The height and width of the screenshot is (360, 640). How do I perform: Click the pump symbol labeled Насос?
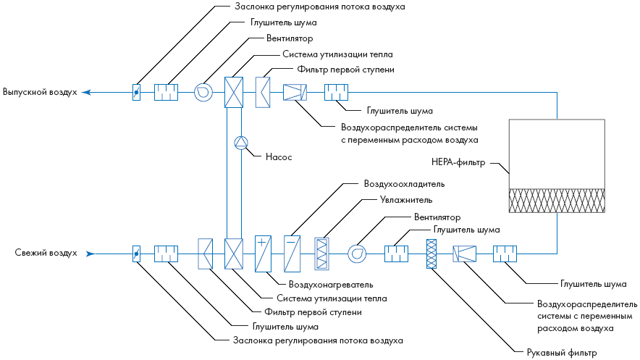(x=241, y=143)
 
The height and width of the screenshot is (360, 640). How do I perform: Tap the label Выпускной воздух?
(x=40, y=93)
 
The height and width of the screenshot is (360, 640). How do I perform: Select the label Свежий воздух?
(x=46, y=254)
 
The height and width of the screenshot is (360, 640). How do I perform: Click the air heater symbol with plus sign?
(x=263, y=253)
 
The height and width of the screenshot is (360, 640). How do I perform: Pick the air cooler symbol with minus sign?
(x=292, y=253)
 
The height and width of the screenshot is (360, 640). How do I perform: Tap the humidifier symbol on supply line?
(x=322, y=254)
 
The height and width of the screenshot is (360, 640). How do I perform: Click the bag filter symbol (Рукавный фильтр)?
(x=432, y=254)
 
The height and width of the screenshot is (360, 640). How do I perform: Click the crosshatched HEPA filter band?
(x=557, y=201)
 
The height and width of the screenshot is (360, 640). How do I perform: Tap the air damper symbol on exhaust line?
(x=136, y=93)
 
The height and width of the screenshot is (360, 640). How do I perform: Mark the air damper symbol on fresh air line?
(x=136, y=254)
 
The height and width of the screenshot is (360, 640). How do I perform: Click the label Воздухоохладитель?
(x=404, y=184)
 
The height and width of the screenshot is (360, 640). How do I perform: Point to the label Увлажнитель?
(x=406, y=199)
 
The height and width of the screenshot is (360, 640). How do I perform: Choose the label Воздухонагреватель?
(x=331, y=284)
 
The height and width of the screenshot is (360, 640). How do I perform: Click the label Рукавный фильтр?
(x=561, y=353)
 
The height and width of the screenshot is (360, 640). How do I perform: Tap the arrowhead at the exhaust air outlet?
(x=85, y=93)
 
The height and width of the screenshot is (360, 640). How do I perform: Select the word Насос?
(x=279, y=156)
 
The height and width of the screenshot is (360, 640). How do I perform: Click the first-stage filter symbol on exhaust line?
(x=263, y=92)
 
